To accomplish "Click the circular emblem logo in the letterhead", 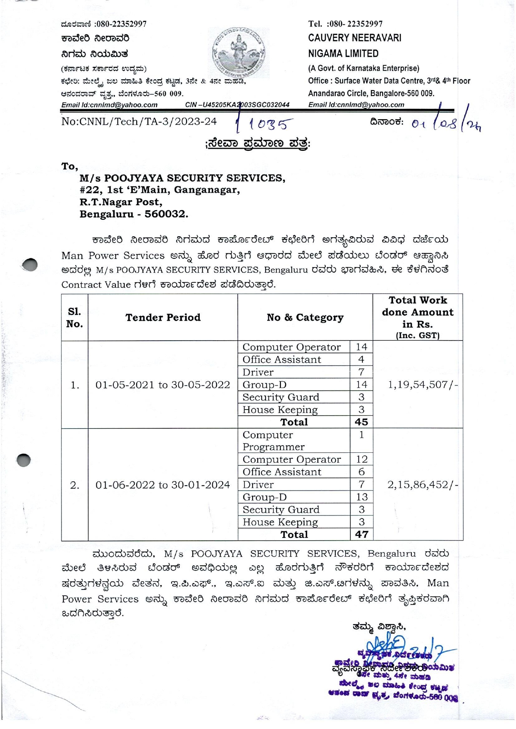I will (239, 53).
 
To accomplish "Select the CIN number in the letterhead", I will (237, 105).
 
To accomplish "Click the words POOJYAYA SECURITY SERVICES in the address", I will (194, 178).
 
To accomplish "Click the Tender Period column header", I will (163, 318).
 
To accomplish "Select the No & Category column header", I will (305, 318).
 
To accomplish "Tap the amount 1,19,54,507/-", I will (423, 385).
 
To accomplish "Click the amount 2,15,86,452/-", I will (423, 485).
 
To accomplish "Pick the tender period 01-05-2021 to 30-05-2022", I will (163, 385).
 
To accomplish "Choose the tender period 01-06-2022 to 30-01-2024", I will (163, 485).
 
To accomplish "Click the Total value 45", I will (361, 422).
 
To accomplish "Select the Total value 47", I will (361, 535).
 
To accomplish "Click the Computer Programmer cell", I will (274, 441).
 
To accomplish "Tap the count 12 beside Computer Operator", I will (361, 459).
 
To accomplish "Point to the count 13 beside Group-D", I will (361, 497).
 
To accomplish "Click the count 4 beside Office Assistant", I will (361, 360).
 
